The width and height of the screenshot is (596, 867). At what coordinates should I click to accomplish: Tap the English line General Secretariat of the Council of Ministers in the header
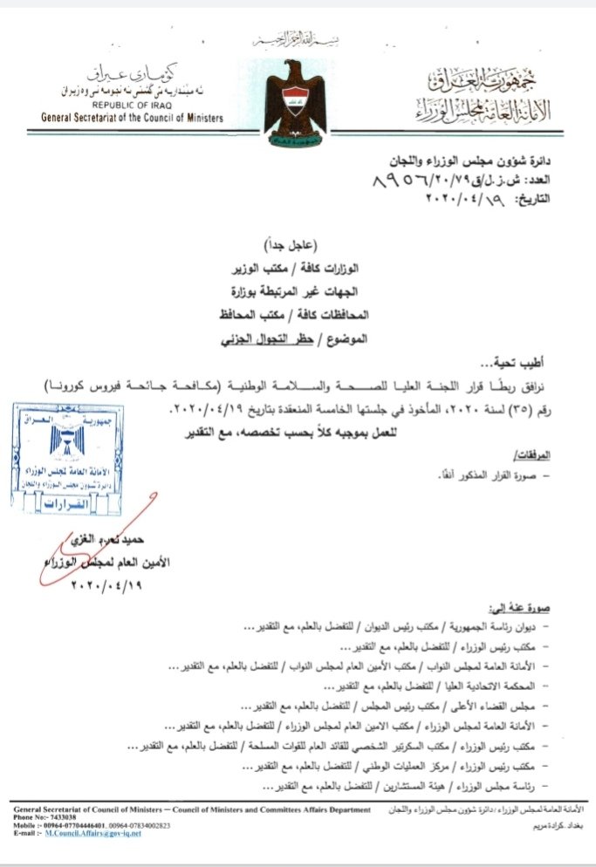[x=126, y=118]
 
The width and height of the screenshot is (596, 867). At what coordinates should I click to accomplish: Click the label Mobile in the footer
[x=28, y=824]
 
